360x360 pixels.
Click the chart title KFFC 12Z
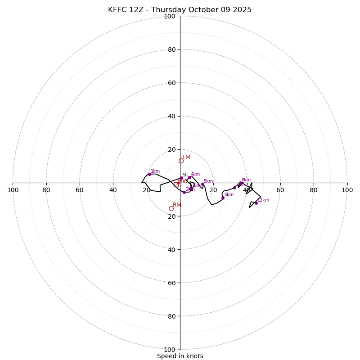coord(180,10)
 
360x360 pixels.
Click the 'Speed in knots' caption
coord(180,356)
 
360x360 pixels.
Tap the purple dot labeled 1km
coord(149,174)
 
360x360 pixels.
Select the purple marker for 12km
coord(256,203)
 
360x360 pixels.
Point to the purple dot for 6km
coord(223,198)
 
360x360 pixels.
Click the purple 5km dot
coord(202,184)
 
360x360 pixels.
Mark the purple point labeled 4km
coord(189,177)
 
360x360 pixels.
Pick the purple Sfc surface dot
coord(181,178)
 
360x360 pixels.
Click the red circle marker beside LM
coord(181,161)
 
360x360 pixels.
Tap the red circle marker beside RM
coord(171,208)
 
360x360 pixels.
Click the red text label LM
coord(186,157)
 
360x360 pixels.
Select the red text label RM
coord(177,205)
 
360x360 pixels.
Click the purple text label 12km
coord(263,200)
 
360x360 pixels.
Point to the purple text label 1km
coord(155,171)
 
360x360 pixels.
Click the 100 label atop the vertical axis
coord(170,16)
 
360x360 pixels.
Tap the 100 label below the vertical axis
coord(170,349)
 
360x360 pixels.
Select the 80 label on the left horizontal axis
coord(46,190)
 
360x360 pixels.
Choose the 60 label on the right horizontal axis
coord(280,190)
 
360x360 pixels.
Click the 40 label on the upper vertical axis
coord(171,116)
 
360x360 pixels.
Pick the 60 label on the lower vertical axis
coord(171,283)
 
